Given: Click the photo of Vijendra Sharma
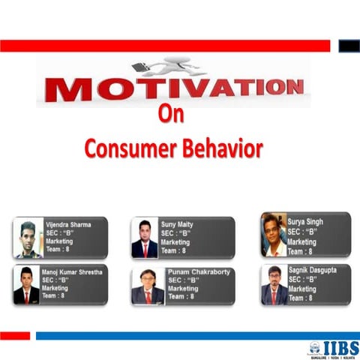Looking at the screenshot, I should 27,238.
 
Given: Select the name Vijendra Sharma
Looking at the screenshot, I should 69,224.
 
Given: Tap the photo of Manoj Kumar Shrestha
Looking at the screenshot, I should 27,285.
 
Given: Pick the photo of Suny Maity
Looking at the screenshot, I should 145,238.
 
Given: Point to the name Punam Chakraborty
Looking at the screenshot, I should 199,272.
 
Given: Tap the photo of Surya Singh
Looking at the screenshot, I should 274,233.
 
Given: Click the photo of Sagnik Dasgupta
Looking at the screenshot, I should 274,284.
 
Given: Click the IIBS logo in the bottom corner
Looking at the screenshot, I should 333,347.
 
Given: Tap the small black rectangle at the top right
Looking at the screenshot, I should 349,46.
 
